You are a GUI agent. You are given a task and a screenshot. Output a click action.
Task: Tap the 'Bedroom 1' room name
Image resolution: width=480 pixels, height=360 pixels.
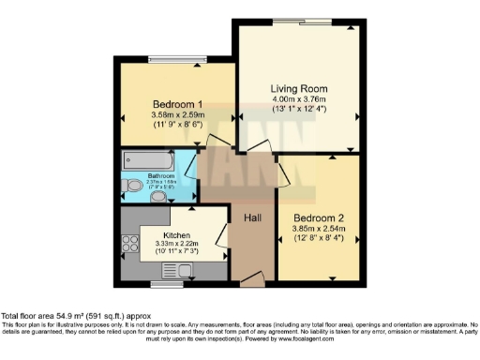[178, 103]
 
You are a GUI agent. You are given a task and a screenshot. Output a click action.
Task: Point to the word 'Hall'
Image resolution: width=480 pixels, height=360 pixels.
[252, 218]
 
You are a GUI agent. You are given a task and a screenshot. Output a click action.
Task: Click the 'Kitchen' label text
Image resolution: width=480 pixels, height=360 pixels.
[177, 235]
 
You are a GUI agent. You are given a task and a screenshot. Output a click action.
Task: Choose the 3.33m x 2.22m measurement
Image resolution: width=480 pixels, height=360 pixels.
[177, 246]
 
